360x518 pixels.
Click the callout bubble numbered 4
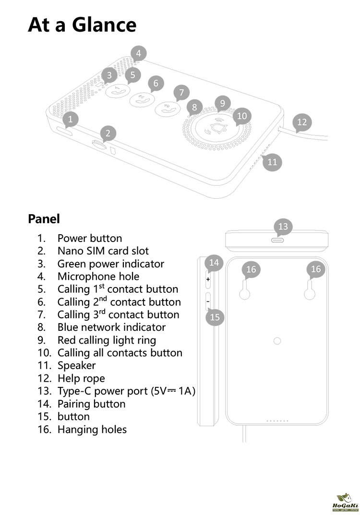[x=138, y=53]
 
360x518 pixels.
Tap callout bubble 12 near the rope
[x=301, y=122]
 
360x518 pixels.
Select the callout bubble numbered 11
[x=272, y=162]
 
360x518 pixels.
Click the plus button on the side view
[x=208, y=279]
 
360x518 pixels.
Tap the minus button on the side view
[x=208, y=301]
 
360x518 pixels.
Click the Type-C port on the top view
[x=277, y=239]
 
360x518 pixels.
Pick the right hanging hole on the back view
[x=310, y=293]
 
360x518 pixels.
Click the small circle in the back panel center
[x=277, y=341]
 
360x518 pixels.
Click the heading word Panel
[x=44, y=219]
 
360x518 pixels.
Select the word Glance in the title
[x=104, y=24]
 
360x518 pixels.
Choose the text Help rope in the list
[x=81, y=378]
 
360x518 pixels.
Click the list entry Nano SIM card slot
[x=103, y=251]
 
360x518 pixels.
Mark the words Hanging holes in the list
[x=92, y=429]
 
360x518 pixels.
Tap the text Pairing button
[x=92, y=404]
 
